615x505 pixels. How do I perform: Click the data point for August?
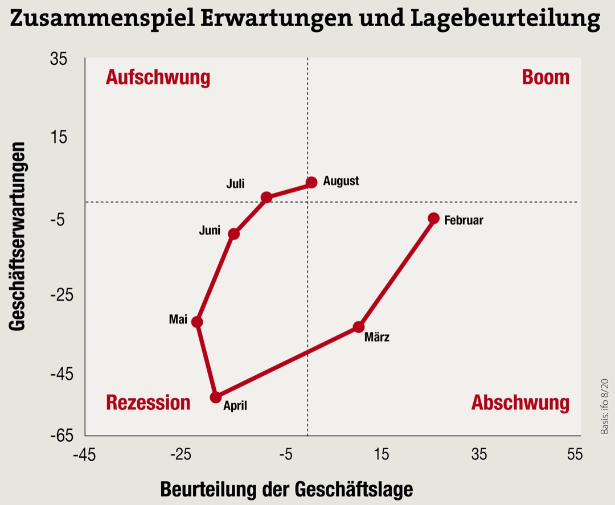click(x=311, y=182)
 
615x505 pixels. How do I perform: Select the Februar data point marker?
click(x=433, y=218)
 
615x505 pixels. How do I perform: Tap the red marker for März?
click(x=359, y=327)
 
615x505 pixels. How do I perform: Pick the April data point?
click(x=216, y=397)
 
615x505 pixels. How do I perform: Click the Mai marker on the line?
click(x=197, y=322)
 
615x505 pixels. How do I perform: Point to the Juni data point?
click(x=233, y=233)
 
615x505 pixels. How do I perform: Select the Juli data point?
click(x=266, y=198)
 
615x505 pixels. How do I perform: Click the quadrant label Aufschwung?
click(x=158, y=77)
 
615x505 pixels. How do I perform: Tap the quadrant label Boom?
click(x=545, y=77)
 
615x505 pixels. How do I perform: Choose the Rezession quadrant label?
click(x=148, y=403)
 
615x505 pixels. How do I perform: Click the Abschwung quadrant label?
click(x=520, y=403)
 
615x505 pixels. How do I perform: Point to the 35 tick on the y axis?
click(x=59, y=59)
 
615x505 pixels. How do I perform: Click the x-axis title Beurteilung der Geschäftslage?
click(x=286, y=489)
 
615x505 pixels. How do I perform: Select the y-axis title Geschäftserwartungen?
click(x=18, y=236)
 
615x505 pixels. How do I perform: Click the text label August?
click(x=341, y=181)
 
